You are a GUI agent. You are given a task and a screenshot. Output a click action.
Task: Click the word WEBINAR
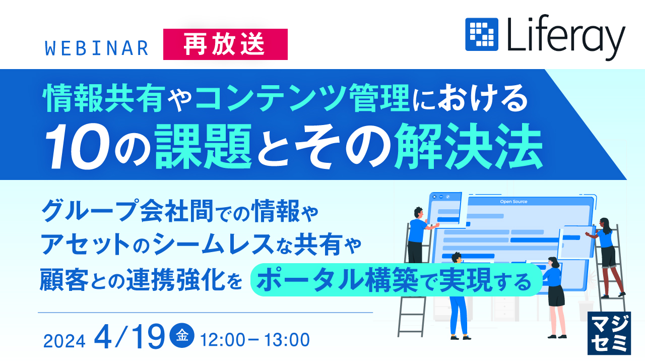pyautogui.click(x=96, y=48)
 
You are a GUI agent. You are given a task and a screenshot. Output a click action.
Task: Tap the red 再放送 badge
pyautogui.click(x=225, y=44)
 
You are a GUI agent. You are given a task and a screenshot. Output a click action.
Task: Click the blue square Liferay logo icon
pyautogui.click(x=481, y=34)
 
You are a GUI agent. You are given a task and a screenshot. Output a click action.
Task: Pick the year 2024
pyautogui.click(x=64, y=341)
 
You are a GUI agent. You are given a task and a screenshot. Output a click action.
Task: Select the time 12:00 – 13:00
pyautogui.click(x=255, y=340)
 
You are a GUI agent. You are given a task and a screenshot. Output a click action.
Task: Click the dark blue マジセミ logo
pyautogui.click(x=609, y=332)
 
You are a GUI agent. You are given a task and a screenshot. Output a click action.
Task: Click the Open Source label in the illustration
pyautogui.click(x=513, y=202)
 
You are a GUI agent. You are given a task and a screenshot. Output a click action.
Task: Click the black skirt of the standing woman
pyautogui.click(x=555, y=297)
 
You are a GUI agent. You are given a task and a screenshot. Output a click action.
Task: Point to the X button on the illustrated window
pyautogui.click(x=434, y=197)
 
